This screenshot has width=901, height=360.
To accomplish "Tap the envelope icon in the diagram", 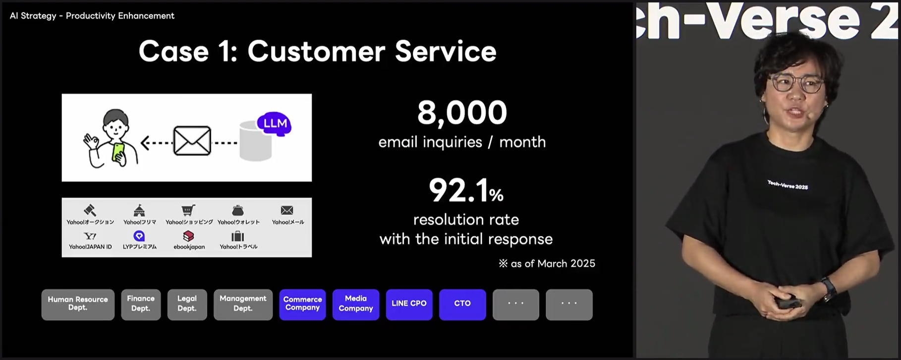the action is [x=192, y=141].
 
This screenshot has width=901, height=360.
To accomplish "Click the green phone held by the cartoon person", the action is [x=119, y=152].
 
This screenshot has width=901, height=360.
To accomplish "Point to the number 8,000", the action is [x=462, y=113].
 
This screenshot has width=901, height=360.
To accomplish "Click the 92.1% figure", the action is [x=466, y=190].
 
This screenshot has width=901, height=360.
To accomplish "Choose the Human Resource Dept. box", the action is [x=78, y=304].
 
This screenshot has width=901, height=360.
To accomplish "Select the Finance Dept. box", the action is [x=141, y=304].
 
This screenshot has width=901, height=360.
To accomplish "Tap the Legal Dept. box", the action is [x=187, y=304].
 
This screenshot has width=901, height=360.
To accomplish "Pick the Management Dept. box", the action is [x=243, y=304].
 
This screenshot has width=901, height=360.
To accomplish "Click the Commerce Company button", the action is [x=302, y=304].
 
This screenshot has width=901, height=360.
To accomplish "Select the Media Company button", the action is [x=356, y=304].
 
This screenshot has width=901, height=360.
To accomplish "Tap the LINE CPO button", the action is [x=409, y=304].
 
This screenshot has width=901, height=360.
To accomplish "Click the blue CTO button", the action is [x=462, y=304].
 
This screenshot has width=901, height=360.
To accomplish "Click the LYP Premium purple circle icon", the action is [x=139, y=236].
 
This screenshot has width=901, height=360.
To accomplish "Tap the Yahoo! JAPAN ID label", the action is [x=90, y=247].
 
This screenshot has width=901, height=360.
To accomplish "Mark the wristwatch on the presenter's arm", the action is [x=828, y=289].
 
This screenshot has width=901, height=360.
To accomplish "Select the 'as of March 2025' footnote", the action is [x=547, y=263].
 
